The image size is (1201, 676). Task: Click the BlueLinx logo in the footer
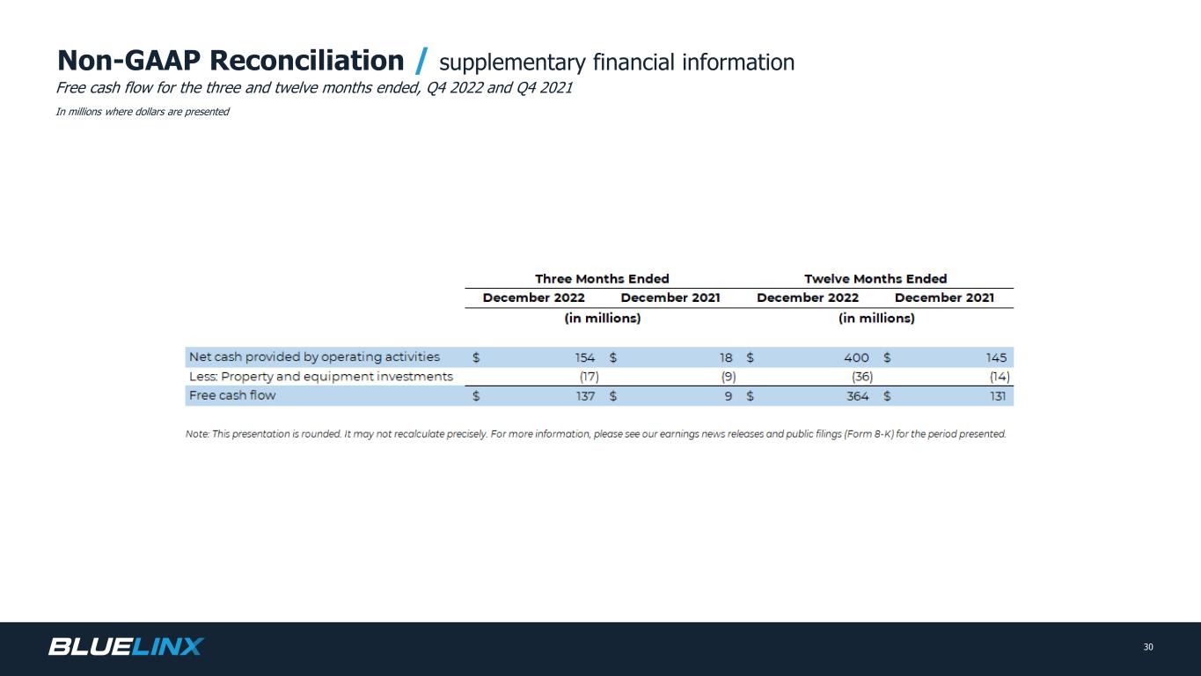[126, 646]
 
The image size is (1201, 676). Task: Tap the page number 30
[1148, 647]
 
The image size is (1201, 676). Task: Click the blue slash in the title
[421, 61]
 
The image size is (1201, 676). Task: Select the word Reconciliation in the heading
[306, 60]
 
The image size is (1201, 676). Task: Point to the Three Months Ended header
[602, 278]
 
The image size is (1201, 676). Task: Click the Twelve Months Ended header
[875, 278]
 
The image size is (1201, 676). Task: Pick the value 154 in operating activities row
[585, 357]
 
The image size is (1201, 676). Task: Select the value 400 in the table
[856, 357]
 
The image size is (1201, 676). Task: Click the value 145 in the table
[996, 357]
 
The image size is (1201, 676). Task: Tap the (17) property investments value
[589, 377]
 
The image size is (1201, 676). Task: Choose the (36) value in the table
[862, 377]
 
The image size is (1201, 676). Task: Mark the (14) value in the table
[1000, 377]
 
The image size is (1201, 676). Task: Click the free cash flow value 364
[857, 396]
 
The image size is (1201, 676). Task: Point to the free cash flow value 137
[585, 396]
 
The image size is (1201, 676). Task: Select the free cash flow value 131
[998, 396]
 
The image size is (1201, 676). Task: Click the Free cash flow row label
[232, 395]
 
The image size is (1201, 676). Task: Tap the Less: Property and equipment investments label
[320, 377]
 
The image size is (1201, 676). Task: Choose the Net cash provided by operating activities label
[314, 356]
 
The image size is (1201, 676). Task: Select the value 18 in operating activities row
[726, 357]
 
